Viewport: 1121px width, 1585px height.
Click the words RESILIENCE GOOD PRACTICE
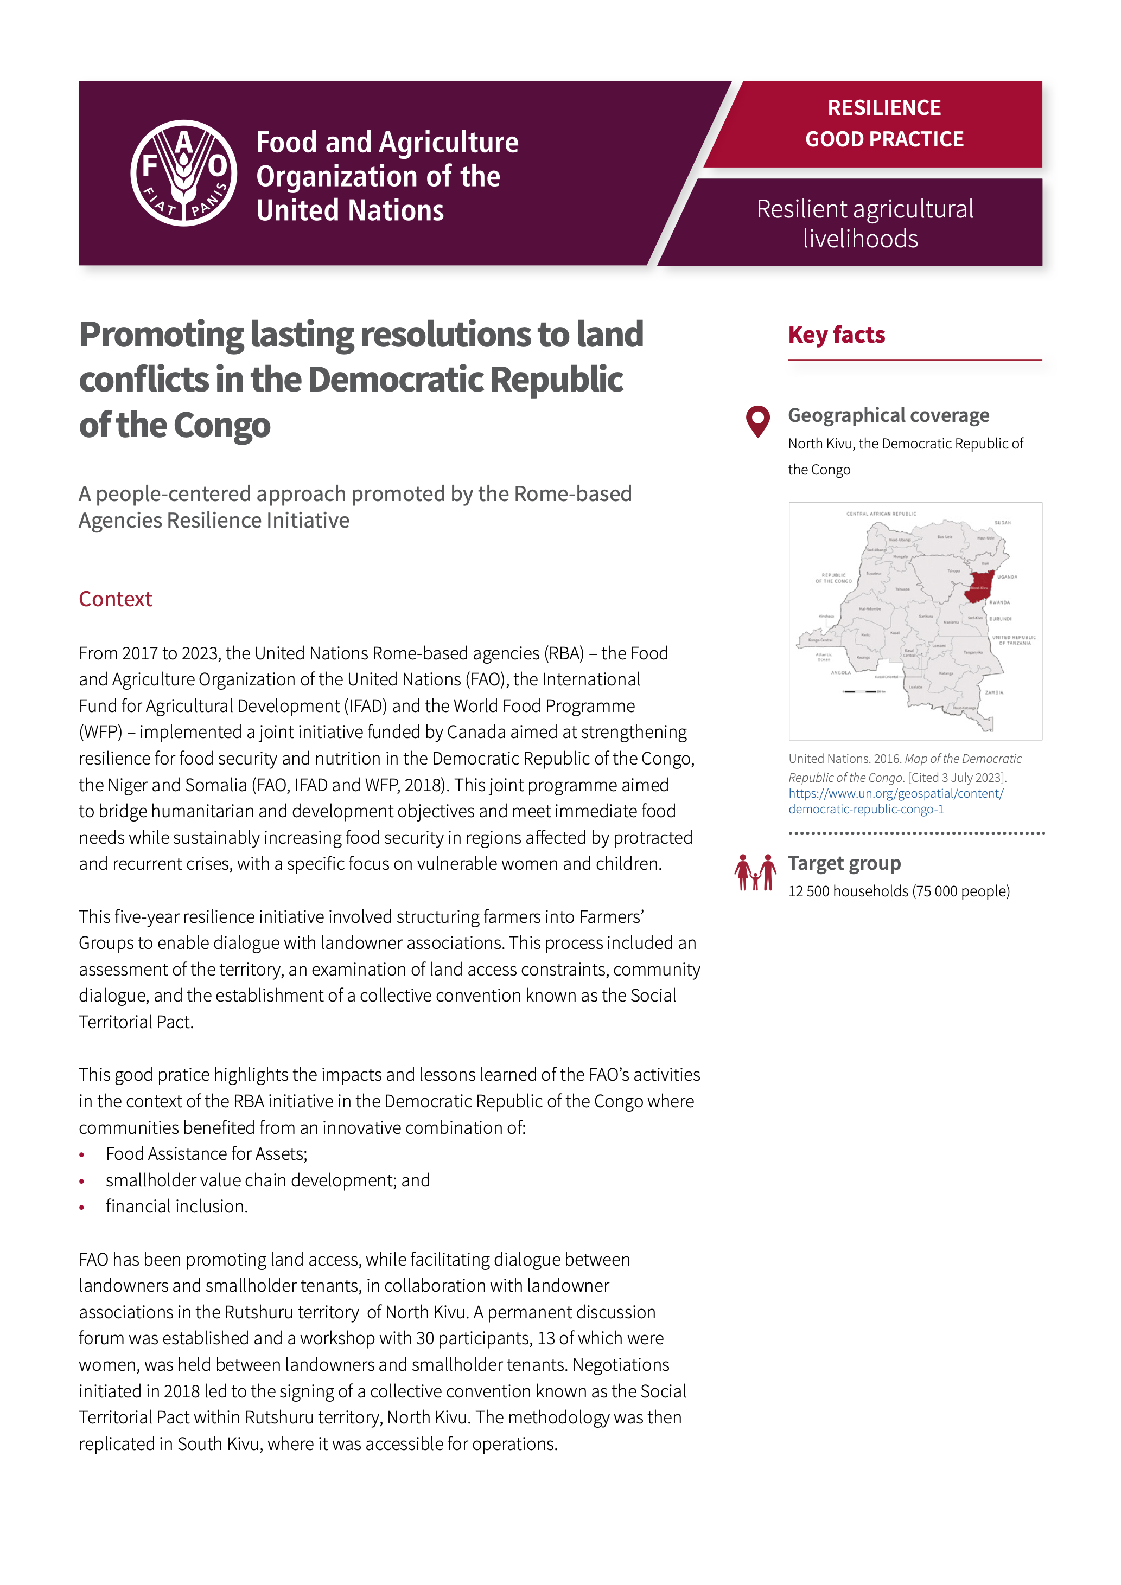pyautogui.click(x=883, y=124)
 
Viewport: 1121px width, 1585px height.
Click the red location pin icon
pyautogui.click(x=757, y=420)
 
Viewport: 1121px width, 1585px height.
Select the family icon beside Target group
pyautogui.click(x=754, y=872)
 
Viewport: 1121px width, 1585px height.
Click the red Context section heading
pyautogui.click(x=116, y=599)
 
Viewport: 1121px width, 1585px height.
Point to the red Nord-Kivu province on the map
pyautogui.click(x=979, y=586)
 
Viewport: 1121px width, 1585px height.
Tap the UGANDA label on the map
pyautogui.click(x=1007, y=576)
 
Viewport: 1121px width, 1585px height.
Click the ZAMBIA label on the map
pyautogui.click(x=993, y=692)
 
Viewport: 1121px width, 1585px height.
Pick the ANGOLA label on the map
pyautogui.click(x=840, y=672)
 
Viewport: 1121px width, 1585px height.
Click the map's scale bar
pyautogui.click(x=860, y=691)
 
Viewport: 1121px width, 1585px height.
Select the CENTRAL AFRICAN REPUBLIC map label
pyautogui.click(x=881, y=514)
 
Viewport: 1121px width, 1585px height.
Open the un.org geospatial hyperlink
pyautogui.click(x=895, y=801)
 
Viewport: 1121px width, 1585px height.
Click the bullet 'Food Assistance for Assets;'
pyautogui.click(x=206, y=1153)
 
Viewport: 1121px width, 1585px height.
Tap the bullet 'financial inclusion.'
pyautogui.click(x=176, y=1206)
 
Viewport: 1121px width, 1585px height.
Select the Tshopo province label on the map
pyautogui.click(x=953, y=571)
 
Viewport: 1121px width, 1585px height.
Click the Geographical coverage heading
pyautogui.click(x=888, y=415)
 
